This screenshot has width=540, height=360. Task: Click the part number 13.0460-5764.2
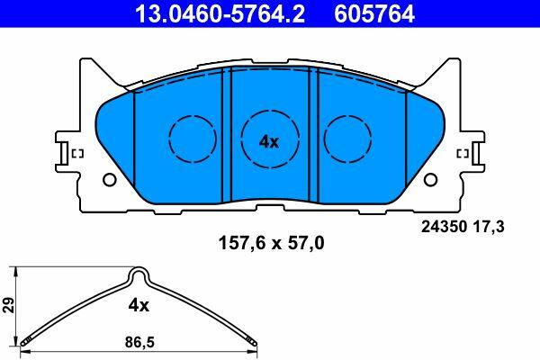click(220, 14)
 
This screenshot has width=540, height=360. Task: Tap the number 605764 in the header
click(374, 14)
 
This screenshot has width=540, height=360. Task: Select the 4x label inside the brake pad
click(269, 141)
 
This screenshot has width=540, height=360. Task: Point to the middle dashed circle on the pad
click(270, 111)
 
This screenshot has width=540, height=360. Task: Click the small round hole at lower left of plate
click(110, 179)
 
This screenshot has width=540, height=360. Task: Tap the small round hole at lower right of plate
click(430, 179)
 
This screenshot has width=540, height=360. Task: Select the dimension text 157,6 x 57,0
click(272, 244)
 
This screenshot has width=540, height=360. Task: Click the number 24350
click(445, 227)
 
